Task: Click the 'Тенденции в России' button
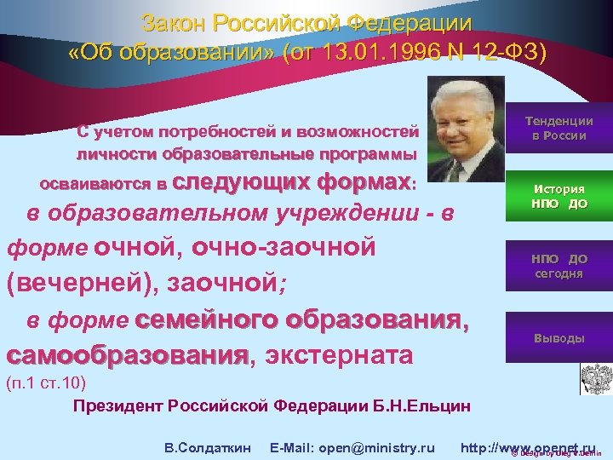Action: pos(559,129)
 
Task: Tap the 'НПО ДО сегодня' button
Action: pos(559,266)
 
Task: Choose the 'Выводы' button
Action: pos(559,338)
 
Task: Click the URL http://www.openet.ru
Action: pos(528,423)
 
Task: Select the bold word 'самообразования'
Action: pos(128,354)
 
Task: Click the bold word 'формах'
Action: pos(362,182)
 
